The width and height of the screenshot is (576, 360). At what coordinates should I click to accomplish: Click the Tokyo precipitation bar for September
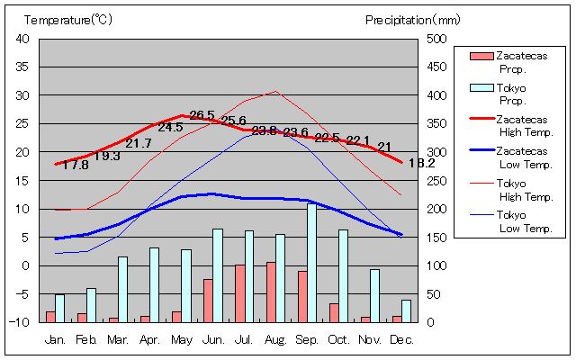311,263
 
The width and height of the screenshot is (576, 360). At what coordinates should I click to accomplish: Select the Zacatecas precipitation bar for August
271,292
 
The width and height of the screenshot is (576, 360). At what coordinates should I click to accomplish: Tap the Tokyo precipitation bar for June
217,275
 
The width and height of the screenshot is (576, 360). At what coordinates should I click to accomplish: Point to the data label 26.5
202,115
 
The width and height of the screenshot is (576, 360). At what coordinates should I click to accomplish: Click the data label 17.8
76,165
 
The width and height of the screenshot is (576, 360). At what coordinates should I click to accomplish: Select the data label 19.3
107,156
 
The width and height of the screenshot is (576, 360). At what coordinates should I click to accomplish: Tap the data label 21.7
139,143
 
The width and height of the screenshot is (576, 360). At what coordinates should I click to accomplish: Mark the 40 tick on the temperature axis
23,39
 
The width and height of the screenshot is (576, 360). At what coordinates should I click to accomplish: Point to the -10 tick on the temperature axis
22,322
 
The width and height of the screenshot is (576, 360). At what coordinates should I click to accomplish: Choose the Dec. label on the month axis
402,339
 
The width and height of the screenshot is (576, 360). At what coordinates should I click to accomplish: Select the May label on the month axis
182,339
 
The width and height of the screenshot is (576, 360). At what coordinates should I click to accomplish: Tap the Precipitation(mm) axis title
413,19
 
